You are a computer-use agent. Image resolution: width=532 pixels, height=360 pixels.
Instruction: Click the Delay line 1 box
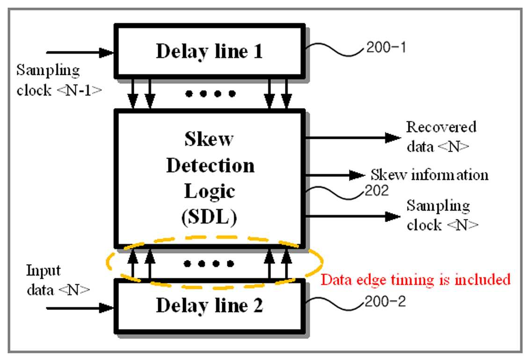210,51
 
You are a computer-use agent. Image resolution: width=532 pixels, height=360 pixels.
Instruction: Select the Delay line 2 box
210,306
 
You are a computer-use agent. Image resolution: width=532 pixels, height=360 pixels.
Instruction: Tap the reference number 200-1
386,48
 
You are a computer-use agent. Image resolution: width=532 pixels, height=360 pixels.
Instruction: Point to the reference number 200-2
385,302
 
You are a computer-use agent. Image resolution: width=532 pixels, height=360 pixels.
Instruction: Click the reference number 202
377,191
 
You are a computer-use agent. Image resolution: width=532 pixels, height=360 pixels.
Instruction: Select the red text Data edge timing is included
415,280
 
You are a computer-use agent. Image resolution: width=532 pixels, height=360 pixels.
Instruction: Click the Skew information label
430,175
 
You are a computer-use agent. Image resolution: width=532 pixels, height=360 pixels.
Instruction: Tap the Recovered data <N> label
441,137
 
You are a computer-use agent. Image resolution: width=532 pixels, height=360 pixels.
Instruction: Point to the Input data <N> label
58,280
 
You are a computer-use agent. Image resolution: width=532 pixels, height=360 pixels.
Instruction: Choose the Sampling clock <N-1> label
59,80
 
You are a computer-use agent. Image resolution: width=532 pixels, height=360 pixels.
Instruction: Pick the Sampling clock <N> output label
443,215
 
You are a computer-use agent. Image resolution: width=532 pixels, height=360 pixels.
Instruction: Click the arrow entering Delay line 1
80,52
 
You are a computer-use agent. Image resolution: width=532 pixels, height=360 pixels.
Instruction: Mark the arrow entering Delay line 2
80,308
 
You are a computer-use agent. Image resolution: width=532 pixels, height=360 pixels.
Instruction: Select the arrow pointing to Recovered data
353,137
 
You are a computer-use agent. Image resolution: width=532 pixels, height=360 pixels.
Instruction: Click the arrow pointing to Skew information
335,175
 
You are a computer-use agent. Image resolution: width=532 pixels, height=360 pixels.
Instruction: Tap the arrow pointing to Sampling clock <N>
353,216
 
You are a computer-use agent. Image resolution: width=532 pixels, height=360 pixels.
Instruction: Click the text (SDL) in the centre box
209,216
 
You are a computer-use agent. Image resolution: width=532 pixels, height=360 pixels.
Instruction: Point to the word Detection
211,166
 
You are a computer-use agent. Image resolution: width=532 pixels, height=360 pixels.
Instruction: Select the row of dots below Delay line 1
211,94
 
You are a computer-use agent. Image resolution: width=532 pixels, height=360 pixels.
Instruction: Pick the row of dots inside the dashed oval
209,263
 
